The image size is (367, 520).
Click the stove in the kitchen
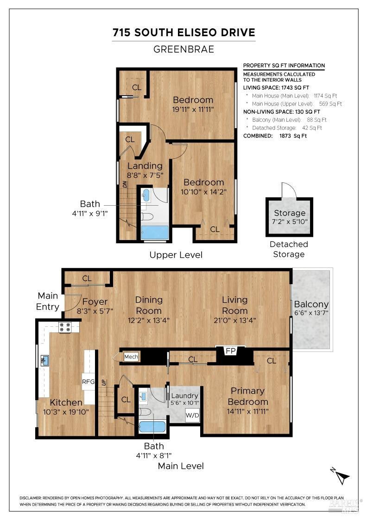tap(65, 327)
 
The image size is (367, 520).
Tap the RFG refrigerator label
tap(89, 382)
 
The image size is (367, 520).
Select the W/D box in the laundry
tap(192, 415)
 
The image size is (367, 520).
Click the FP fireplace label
tap(230, 351)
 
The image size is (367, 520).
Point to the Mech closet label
tap(131, 357)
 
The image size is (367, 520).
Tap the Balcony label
tap(311, 304)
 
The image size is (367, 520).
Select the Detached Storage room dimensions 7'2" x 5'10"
tap(290, 221)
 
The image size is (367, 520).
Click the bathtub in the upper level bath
tap(155, 233)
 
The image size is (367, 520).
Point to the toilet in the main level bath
tap(146, 411)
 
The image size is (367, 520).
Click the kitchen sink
tap(44, 360)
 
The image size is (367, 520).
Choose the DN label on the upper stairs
tap(125, 184)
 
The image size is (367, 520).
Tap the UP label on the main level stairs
tap(103, 383)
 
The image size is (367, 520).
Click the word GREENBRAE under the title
tap(183, 49)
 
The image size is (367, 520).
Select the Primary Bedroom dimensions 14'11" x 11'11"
tap(247, 411)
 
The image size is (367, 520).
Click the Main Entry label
tap(48, 301)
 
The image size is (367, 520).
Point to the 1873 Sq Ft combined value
tap(293, 136)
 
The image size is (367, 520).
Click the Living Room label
tap(234, 305)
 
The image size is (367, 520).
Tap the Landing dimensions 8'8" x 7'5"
tap(145, 175)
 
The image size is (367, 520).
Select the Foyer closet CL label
tap(87, 279)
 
